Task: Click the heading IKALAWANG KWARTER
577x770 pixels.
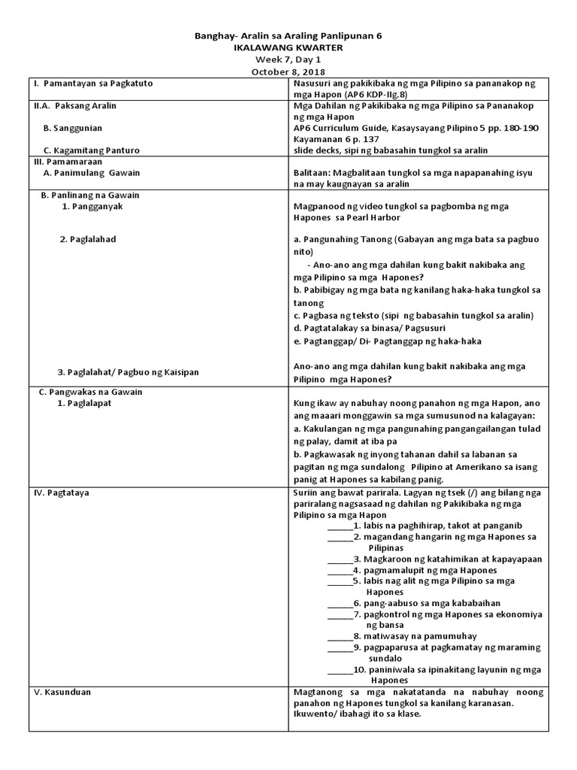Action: [x=288, y=47]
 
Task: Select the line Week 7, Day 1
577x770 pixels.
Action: [x=288, y=59]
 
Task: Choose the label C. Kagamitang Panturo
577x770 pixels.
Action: [x=92, y=150]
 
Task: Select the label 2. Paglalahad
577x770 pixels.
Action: [x=88, y=239]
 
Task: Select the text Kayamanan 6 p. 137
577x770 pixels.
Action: [x=336, y=139]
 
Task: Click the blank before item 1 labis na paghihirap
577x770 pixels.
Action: [x=340, y=526]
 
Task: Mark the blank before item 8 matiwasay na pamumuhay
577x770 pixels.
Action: [x=340, y=636]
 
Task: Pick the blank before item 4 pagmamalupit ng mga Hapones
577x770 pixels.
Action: [x=340, y=571]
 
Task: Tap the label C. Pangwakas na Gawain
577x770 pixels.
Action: [x=90, y=392]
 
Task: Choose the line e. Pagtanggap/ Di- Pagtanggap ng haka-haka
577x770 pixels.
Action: [x=388, y=341]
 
